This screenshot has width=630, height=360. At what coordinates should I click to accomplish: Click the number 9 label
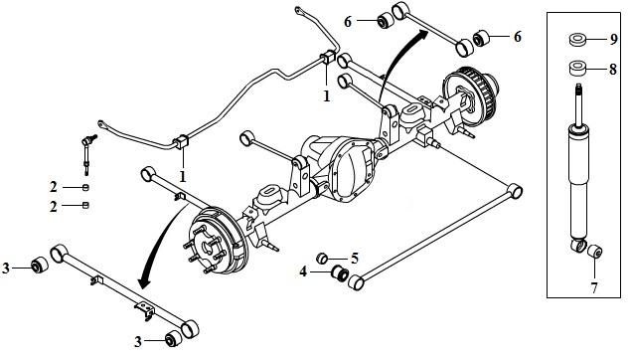(613, 39)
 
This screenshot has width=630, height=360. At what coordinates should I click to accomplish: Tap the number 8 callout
(613, 70)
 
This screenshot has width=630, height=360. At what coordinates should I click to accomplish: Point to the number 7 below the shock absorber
(594, 287)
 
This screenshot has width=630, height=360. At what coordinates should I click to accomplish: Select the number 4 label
(303, 271)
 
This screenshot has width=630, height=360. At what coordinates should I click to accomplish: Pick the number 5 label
(355, 259)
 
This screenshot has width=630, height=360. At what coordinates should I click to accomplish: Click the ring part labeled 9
(578, 40)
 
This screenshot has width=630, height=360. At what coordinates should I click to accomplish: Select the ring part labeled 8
(578, 68)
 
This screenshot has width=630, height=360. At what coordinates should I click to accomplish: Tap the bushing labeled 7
(594, 252)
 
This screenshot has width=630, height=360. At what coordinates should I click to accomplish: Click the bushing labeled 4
(340, 273)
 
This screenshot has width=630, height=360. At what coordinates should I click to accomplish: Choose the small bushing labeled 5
(322, 259)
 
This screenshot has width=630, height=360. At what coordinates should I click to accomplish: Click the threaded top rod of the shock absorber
(579, 104)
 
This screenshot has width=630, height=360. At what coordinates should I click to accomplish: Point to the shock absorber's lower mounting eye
(578, 245)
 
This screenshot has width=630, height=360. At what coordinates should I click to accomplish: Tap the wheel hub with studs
(207, 248)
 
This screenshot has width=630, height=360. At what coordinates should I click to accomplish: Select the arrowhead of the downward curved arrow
(143, 282)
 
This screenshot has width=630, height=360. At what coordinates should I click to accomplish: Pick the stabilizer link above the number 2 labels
(87, 154)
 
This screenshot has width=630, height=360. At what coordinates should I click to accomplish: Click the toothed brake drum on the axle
(471, 95)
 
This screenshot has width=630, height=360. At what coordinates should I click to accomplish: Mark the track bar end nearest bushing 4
(356, 282)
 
